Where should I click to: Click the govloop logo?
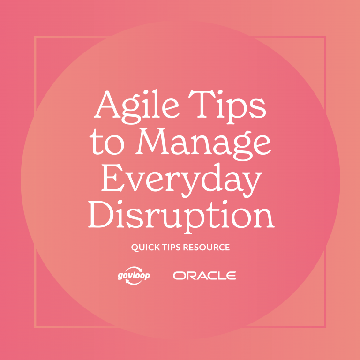tap(134, 276)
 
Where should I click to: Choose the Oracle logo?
tap(204, 276)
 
